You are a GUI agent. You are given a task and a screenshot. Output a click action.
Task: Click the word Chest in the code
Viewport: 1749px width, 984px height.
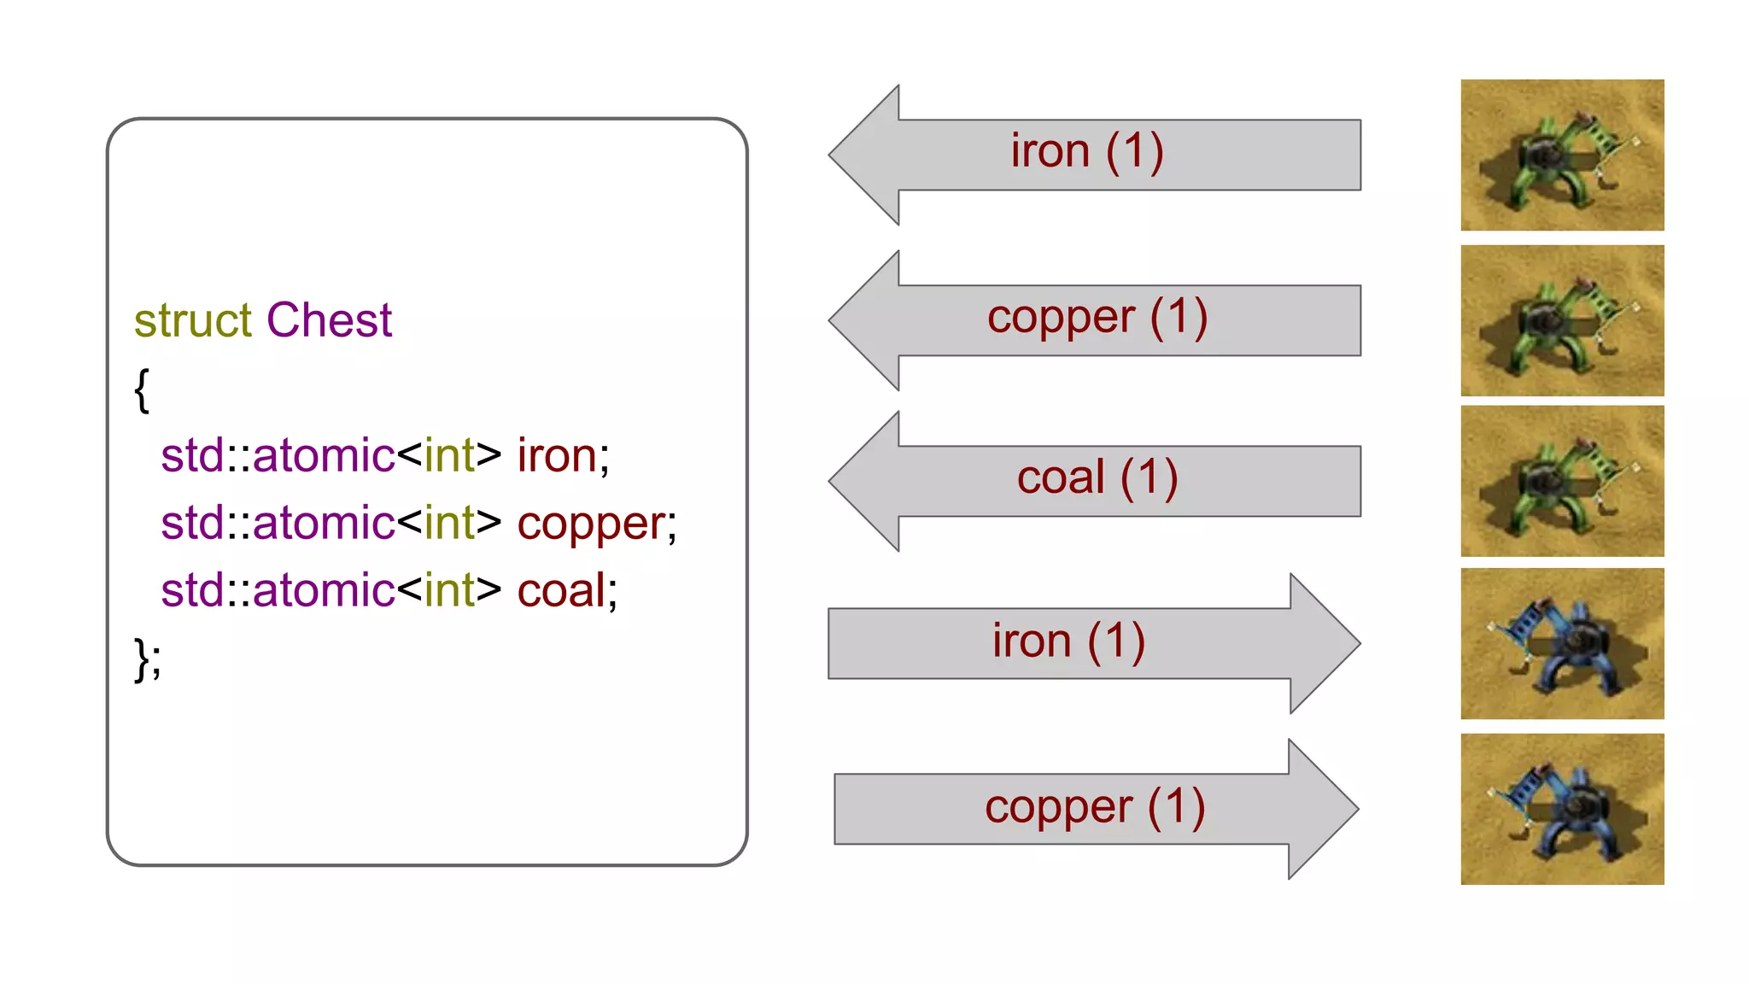tap(329, 321)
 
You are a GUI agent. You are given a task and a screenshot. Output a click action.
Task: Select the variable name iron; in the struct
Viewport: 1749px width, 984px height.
tap(563, 455)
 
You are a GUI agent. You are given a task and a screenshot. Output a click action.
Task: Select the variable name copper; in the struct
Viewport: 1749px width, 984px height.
tap(596, 524)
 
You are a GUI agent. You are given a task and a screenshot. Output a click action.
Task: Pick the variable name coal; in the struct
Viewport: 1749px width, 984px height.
tap(566, 591)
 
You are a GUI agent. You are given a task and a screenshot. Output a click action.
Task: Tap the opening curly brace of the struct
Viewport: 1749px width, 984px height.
tap(142, 390)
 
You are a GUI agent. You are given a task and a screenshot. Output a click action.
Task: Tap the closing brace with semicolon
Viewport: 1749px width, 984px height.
tap(147, 659)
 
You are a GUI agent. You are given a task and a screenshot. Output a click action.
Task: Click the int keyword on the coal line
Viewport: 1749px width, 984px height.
tap(449, 591)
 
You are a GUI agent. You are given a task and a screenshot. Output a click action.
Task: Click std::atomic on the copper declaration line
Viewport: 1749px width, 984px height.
tap(278, 524)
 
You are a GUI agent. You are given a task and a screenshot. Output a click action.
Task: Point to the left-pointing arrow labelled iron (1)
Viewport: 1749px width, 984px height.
tap(1093, 155)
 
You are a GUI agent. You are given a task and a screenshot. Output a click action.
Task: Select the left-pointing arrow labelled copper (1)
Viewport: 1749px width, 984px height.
tap(1093, 320)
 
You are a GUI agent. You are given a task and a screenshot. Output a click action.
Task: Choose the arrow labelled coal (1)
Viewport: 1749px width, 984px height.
tap(1093, 481)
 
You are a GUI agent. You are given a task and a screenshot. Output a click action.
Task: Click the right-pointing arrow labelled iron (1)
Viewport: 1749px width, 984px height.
tap(1093, 643)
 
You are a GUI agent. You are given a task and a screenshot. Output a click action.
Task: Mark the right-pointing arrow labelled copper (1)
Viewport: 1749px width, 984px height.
tap(1093, 809)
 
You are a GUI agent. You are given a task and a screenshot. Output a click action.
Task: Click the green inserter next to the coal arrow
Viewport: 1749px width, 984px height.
tap(1562, 482)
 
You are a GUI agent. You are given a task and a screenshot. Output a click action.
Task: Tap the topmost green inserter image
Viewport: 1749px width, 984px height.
tap(1562, 155)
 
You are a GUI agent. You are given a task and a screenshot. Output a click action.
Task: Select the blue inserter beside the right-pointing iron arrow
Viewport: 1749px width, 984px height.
tap(1562, 643)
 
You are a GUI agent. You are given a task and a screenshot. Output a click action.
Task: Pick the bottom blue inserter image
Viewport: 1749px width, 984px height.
tap(1562, 809)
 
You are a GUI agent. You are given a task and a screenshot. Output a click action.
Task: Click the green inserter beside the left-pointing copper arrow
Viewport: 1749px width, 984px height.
tap(1562, 320)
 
